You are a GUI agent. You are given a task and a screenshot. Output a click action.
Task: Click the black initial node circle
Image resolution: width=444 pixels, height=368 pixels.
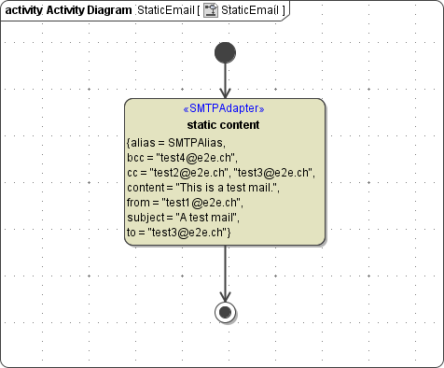225,52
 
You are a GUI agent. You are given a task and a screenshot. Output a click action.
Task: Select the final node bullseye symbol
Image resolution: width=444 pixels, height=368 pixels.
225,312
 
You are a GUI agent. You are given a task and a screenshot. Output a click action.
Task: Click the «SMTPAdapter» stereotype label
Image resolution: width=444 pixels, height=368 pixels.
225,109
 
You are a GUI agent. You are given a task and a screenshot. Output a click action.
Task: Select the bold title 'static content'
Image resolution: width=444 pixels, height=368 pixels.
224,125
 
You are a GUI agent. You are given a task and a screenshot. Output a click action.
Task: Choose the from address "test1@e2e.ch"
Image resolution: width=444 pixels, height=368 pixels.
202,202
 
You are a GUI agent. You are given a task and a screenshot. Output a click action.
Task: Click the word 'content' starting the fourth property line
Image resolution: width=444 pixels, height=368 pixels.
146,187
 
